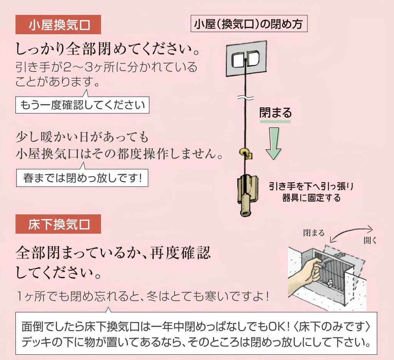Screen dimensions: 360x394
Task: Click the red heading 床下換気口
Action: [x=58, y=224]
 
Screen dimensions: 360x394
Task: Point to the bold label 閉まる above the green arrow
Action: [x=275, y=113]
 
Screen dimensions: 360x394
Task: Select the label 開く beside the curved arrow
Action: [x=370, y=241]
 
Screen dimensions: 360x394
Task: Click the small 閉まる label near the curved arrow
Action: [x=314, y=233]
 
